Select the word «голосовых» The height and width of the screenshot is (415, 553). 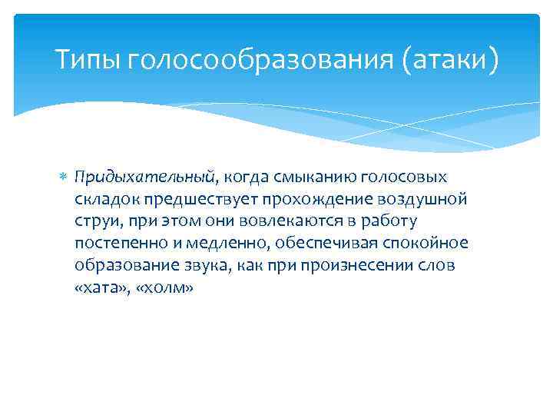point(413,178)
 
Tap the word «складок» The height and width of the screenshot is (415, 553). point(107,200)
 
